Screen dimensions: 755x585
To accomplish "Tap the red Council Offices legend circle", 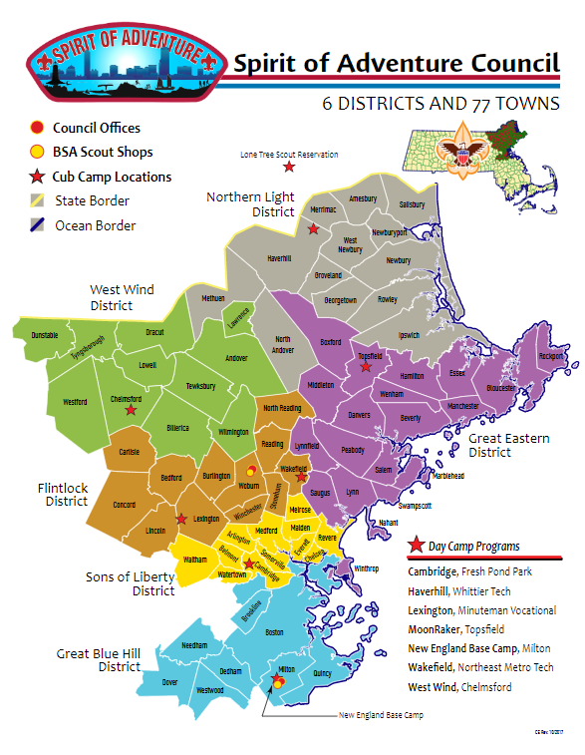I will pyautogui.click(x=37, y=128).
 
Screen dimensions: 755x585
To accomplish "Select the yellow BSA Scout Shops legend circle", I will pyautogui.click(x=37, y=152).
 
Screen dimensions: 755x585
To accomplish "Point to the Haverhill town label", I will pyautogui.click(x=282, y=257).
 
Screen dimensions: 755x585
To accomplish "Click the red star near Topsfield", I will pyautogui.click(x=365, y=367).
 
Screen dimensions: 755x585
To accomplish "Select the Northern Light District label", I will pyautogui.click(x=250, y=203).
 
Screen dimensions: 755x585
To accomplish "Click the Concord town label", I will pyautogui.click(x=124, y=505).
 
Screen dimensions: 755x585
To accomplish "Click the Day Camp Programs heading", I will pyautogui.click(x=470, y=547).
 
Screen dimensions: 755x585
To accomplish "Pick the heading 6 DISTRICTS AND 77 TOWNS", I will pyautogui.click(x=439, y=104).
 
